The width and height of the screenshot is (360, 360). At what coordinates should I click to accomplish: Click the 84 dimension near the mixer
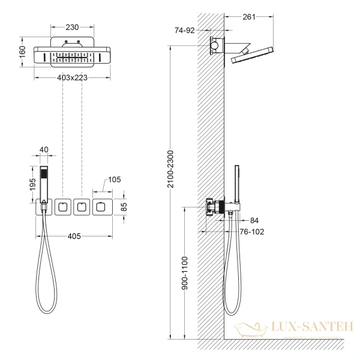coord(272,220)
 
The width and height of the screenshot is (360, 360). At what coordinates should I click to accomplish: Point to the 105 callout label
coord(115,180)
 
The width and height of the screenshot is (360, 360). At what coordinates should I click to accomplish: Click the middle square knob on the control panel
coord(81,207)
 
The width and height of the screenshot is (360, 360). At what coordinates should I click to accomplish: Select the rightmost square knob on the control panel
coord(100,207)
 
